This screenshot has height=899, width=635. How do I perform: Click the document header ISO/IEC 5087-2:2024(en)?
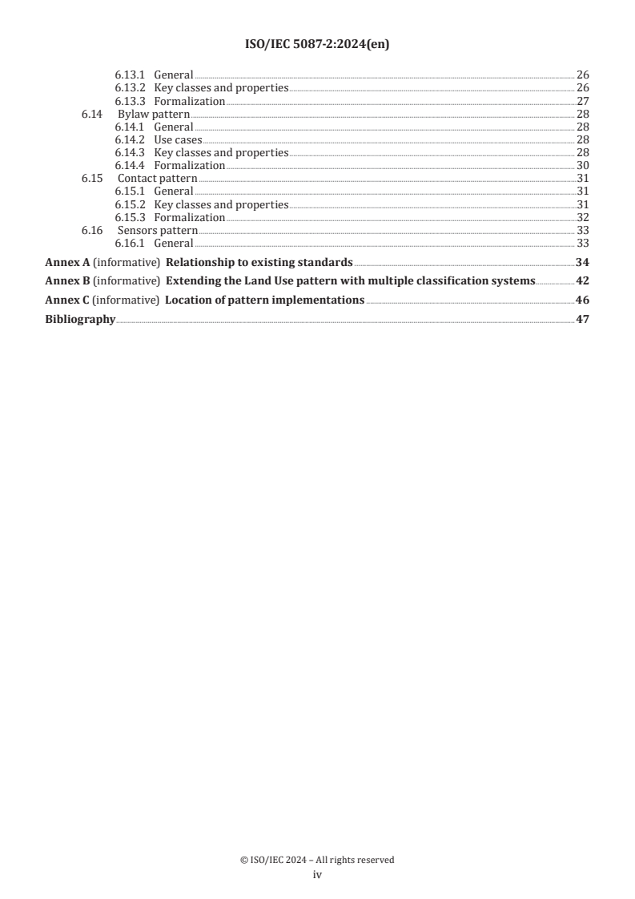tap(317, 45)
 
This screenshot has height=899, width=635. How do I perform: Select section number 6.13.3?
tap(129, 102)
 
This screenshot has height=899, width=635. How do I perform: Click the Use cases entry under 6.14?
tap(178, 140)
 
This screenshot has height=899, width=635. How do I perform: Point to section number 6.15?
tap(92, 179)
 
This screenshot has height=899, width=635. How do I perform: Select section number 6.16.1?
tap(129, 243)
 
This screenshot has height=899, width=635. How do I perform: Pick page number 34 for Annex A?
tap(583, 262)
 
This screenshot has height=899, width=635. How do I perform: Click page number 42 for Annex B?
tap(583, 281)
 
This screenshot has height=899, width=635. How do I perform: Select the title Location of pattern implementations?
tap(264, 300)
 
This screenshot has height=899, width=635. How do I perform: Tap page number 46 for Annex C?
tap(583, 300)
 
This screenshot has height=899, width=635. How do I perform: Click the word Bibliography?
tap(80, 320)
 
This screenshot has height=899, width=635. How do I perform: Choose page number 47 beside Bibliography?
tap(583, 320)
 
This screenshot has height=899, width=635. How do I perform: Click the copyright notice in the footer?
tap(317, 860)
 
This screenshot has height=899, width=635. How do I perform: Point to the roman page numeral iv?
tap(317, 875)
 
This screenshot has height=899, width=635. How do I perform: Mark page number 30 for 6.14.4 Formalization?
tap(583, 166)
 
